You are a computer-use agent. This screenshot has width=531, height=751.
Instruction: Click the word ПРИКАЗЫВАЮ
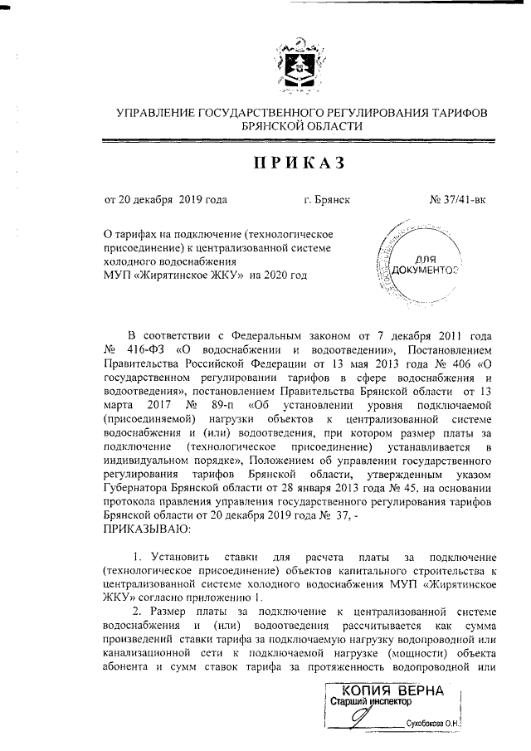[x=148, y=527]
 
